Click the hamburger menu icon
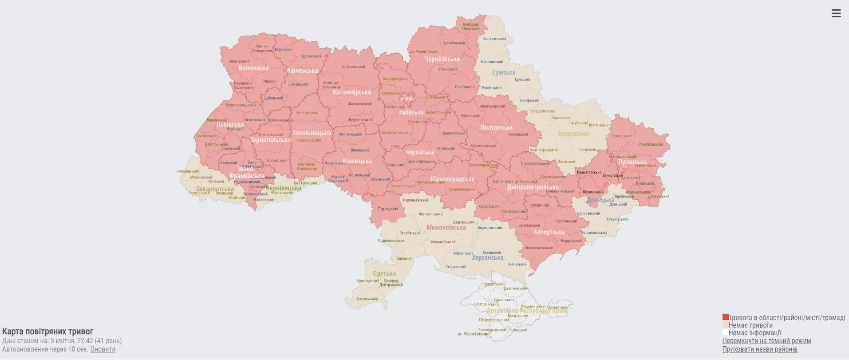pyautogui.click(x=836, y=13)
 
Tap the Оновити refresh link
pyautogui.click(x=103, y=349)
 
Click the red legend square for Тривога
pyautogui.click(x=725, y=317)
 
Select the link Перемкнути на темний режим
pyautogui.click(x=766, y=341)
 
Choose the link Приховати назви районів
pyautogui.click(x=759, y=349)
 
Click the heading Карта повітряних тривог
pyautogui.click(x=48, y=332)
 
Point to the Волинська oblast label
pyautogui.click(x=253, y=68)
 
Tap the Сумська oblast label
pyautogui.click(x=504, y=72)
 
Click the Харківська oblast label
pyautogui.click(x=573, y=133)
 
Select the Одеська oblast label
pyautogui.click(x=384, y=273)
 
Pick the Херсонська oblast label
pyautogui.click(x=487, y=257)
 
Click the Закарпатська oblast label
pyautogui.click(x=215, y=189)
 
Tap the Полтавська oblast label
pyautogui.click(x=496, y=127)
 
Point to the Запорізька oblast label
pyautogui.click(x=549, y=232)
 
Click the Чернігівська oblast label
pyautogui.click(x=442, y=59)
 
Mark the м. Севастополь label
pyautogui.click(x=473, y=334)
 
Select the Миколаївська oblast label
pyautogui.click(x=446, y=227)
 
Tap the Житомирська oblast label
pyautogui.click(x=351, y=92)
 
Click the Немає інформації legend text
pyautogui.click(x=754, y=333)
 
